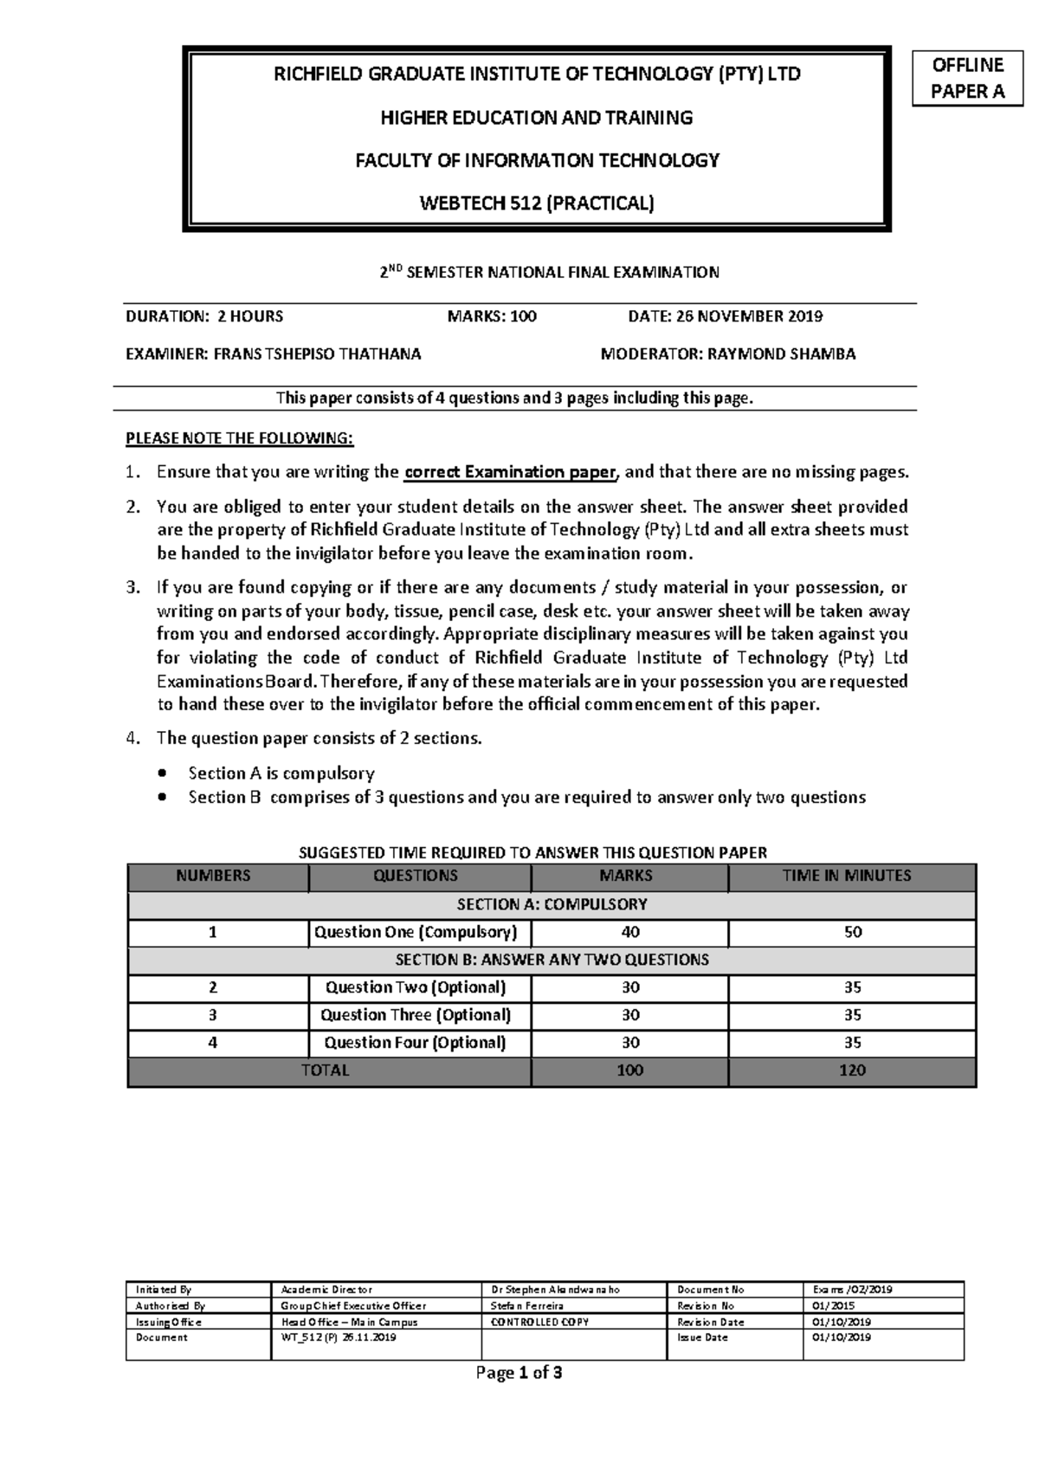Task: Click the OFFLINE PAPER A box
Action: point(966,78)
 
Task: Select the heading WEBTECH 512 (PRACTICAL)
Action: point(537,204)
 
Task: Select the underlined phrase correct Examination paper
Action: point(511,472)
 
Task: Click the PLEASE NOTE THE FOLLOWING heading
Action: point(240,438)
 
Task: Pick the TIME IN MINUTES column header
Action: point(852,876)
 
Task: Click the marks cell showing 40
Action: point(630,932)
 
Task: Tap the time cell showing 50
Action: point(852,932)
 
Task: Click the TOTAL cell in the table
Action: point(326,1070)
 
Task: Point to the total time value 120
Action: point(852,1070)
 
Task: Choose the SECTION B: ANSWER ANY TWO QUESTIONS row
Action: point(552,960)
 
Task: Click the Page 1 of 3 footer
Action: point(519,1372)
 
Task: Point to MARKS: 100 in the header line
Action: point(491,316)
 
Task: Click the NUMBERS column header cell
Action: point(213,876)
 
